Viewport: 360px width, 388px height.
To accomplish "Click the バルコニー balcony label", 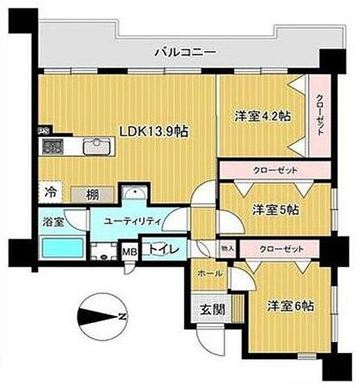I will click(184, 52).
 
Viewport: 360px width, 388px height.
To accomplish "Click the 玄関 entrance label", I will click(212, 309).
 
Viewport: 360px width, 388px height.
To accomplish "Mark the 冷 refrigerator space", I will click(51, 192).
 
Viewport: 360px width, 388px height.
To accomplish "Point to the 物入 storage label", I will click(228, 247).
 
